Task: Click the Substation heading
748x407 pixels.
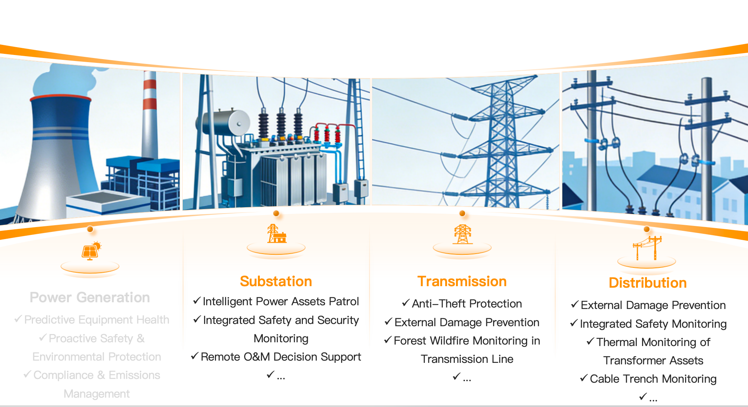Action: click(x=276, y=281)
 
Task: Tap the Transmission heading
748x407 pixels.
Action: click(x=462, y=281)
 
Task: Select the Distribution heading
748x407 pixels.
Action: click(x=648, y=283)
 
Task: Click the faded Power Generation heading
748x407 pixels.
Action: click(x=90, y=297)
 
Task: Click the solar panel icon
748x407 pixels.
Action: click(x=91, y=251)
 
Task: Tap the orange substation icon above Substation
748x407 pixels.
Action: click(x=277, y=234)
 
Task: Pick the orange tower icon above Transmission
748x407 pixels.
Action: click(x=463, y=235)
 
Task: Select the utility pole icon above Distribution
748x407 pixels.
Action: click(x=647, y=248)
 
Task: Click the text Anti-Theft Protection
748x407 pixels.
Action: click(x=467, y=304)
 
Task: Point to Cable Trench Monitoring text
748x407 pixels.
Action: click(x=653, y=379)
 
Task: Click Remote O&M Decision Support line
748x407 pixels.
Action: click(x=281, y=357)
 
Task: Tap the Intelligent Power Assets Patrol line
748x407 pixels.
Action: click(x=281, y=302)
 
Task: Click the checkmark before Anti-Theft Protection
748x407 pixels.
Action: click(x=406, y=303)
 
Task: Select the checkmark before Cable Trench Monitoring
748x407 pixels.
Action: click(x=584, y=378)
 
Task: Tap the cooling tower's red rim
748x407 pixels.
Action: click(x=60, y=98)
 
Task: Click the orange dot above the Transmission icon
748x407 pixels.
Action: click(x=462, y=214)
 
